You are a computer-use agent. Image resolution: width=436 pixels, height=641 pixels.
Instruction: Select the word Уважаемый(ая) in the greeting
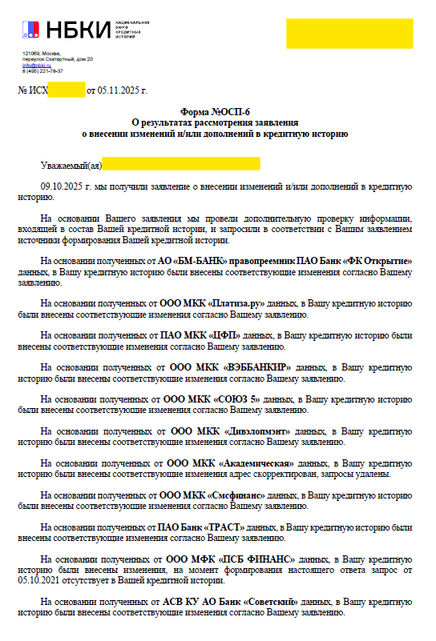click(x=71, y=165)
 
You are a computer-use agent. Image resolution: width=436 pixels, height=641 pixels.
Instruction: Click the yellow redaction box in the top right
click(x=350, y=33)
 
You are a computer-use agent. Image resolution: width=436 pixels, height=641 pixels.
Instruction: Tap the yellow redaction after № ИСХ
click(x=67, y=91)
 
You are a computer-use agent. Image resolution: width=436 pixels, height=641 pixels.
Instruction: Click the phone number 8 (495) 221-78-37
click(x=43, y=70)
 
